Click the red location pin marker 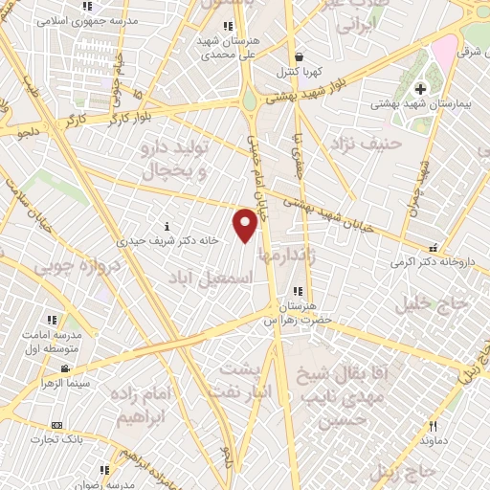coord(246,225)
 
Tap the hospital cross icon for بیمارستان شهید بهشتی coord(420,89)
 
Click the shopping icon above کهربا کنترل coord(301,57)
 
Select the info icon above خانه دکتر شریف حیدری coord(168,227)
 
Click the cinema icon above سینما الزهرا coord(64,368)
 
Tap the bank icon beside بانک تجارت coord(56,424)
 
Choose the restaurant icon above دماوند coord(433,426)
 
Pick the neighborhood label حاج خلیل coord(434,304)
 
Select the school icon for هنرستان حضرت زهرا coord(298,291)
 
